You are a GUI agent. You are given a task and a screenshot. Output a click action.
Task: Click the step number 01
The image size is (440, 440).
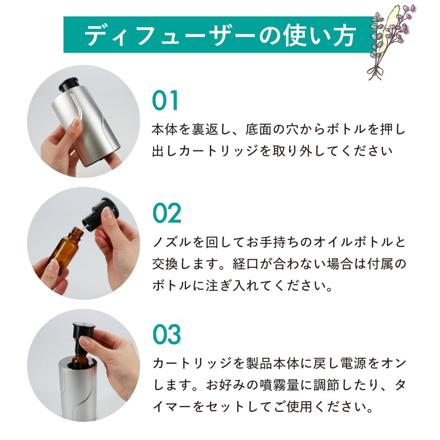pyautogui.click(x=165, y=100)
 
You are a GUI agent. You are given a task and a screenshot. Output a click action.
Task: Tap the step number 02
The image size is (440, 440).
pyautogui.click(x=167, y=213)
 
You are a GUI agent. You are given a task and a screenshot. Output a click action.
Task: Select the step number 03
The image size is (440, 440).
pyautogui.click(x=167, y=334)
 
